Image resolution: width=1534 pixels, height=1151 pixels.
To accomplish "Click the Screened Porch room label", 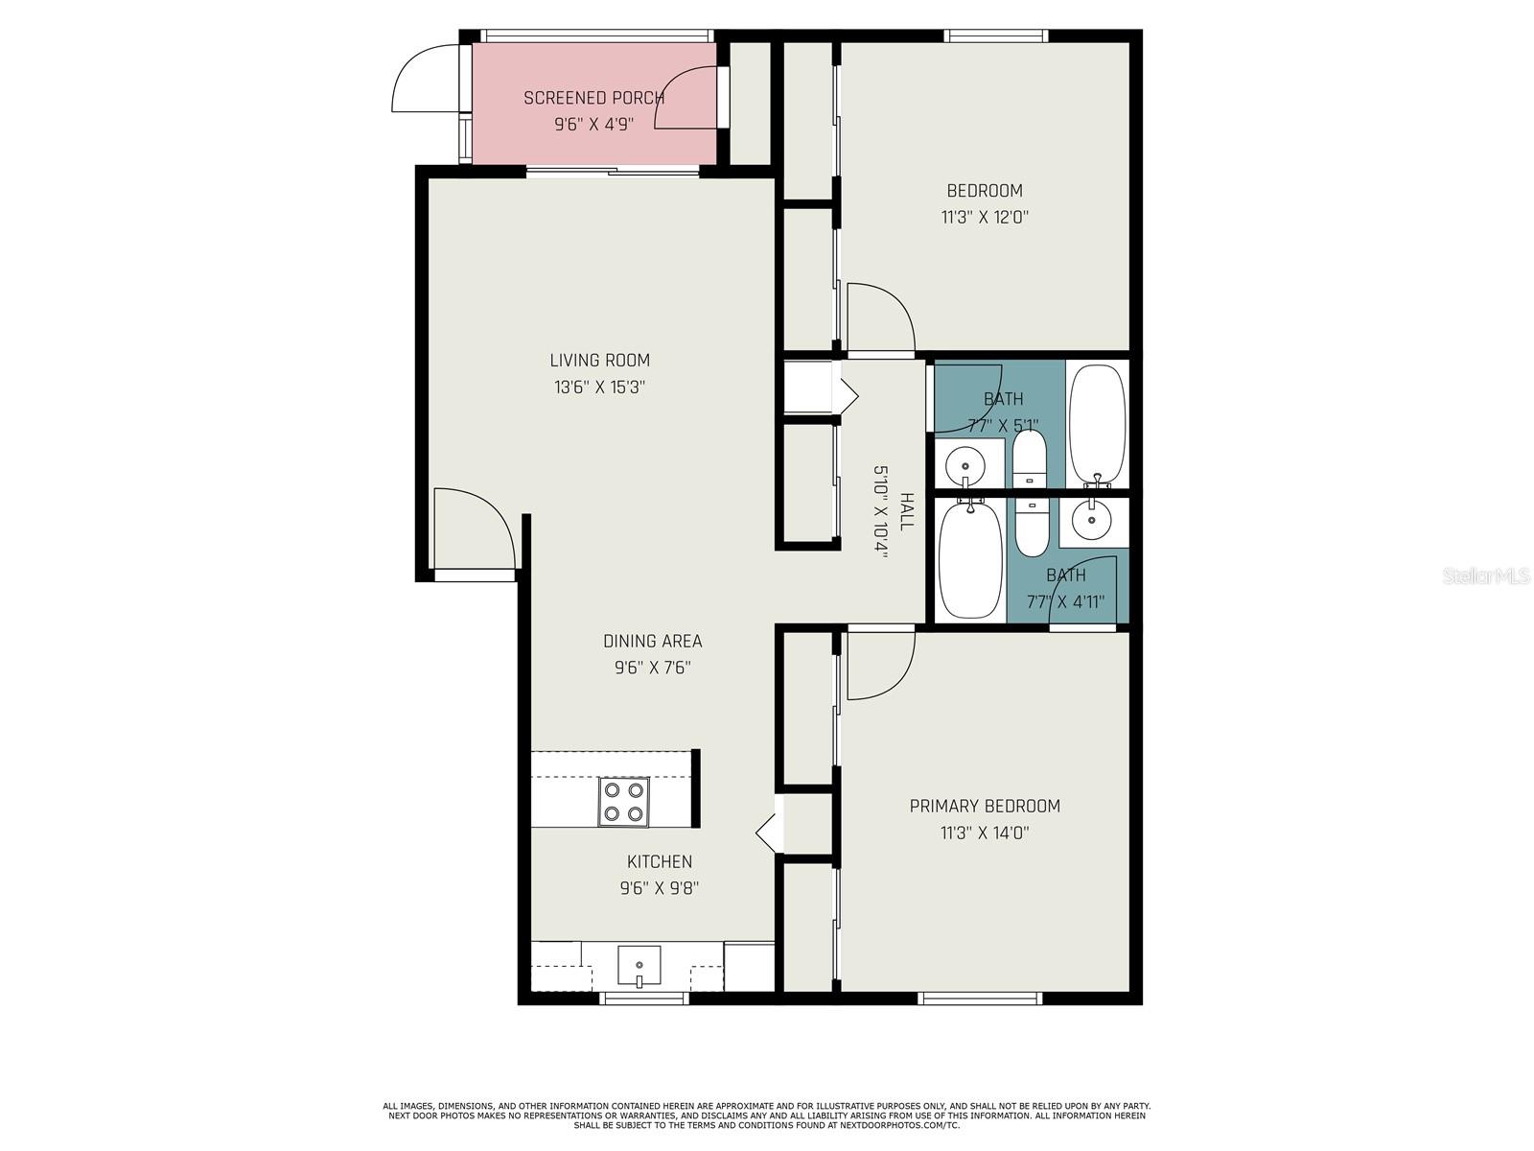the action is [x=593, y=98].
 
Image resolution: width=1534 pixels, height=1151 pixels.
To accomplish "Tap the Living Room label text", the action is [x=599, y=361].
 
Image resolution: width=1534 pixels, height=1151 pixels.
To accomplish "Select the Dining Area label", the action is [x=653, y=641].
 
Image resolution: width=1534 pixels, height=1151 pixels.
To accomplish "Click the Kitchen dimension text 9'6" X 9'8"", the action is [x=660, y=888].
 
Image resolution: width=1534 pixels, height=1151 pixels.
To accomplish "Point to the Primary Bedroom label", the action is [x=985, y=806].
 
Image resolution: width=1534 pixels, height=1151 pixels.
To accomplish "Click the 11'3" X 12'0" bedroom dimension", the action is [x=985, y=217].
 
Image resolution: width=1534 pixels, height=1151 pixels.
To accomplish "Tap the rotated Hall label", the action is [x=906, y=511].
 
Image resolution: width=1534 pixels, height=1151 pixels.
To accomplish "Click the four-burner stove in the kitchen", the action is [x=623, y=802].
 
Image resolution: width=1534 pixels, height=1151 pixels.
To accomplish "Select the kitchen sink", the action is [x=639, y=967].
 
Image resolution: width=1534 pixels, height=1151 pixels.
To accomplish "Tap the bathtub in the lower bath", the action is [x=970, y=560].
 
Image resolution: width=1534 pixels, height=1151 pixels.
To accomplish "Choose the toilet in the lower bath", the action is [x=1032, y=528].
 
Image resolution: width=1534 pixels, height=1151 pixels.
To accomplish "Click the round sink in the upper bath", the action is [x=965, y=465].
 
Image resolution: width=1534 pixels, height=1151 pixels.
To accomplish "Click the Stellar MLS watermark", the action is [x=1486, y=576].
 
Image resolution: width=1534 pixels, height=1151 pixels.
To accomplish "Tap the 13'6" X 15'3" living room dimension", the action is [x=599, y=388].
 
